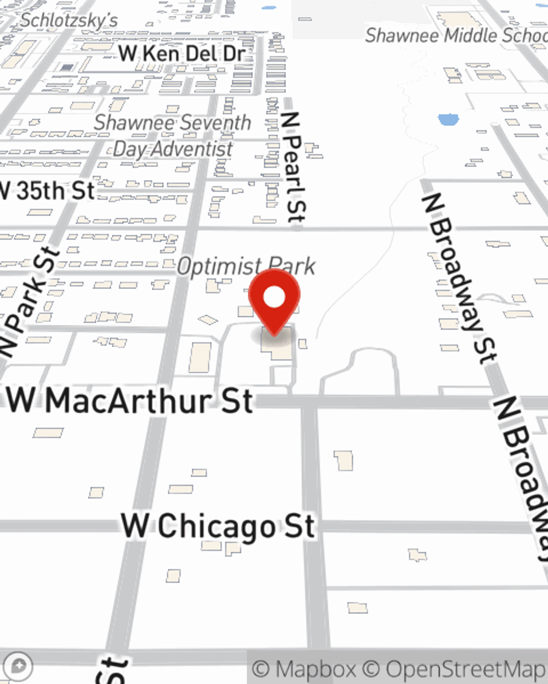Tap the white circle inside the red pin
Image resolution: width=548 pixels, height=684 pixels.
click(x=274, y=298)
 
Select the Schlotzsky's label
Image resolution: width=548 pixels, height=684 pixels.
click(x=69, y=20)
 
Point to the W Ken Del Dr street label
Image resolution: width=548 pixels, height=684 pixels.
click(x=181, y=54)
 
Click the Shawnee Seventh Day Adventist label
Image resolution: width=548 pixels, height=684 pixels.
click(x=172, y=135)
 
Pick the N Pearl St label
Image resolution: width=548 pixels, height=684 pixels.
click(x=294, y=167)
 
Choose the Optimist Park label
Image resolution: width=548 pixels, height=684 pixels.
click(x=246, y=266)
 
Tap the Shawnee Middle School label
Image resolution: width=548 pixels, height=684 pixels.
click(x=456, y=36)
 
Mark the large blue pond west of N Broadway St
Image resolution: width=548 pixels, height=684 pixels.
click(x=448, y=119)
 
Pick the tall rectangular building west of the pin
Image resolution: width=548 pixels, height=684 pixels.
click(x=200, y=357)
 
